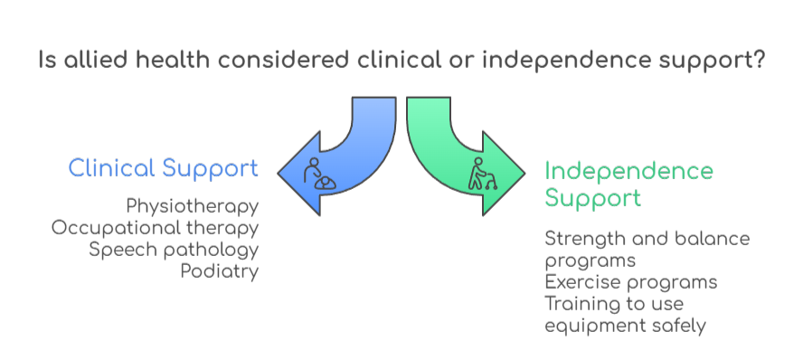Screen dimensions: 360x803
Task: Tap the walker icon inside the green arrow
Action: coord(482,174)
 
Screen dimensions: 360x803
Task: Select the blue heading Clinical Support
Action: coord(164,168)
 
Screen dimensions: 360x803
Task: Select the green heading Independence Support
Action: coord(628,184)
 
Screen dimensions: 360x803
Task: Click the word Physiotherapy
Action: coord(192,206)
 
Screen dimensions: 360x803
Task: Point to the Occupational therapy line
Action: coord(155,228)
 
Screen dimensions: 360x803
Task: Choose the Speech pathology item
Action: coord(174,250)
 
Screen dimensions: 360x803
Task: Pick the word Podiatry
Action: coord(219,271)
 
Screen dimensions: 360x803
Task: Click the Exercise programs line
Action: coord(631,282)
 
